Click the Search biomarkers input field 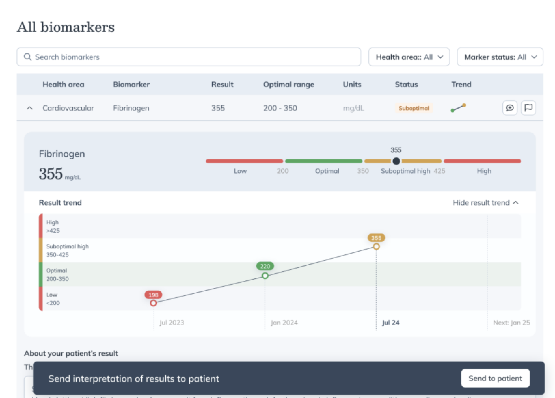(189, 57)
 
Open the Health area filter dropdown (409, 57)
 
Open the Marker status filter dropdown (500, 57)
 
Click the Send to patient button (495, 378)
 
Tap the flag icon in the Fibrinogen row (528, 108)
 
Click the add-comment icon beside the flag (509, 108)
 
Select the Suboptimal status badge (413, 108)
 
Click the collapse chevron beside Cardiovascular (30, 108)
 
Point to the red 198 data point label (153, 295)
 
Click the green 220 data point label (265, 266)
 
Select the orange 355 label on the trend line (376, 238)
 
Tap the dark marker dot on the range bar (396, 161)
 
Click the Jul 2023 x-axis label (172, 323)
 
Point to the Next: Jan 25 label (511, 323)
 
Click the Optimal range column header (289, 85)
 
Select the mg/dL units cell (353, 108)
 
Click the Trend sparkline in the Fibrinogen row (458, 108)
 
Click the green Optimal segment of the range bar (323, 161)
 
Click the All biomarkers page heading (66, 27)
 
